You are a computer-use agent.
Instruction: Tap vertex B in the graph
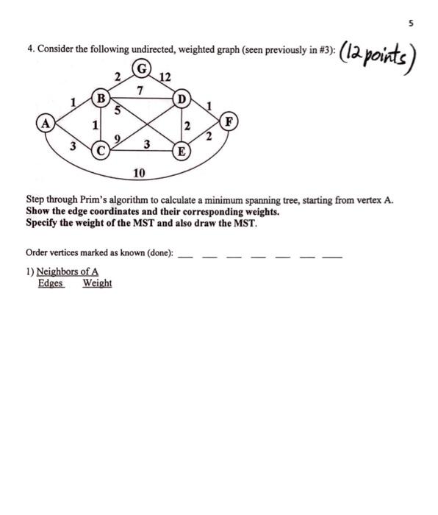[101, 97]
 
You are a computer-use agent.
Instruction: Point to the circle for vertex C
[101, 151]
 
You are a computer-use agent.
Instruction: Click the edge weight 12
[163, 77]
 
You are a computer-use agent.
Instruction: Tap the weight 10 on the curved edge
[139, 173]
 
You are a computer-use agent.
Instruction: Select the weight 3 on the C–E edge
[147, 144]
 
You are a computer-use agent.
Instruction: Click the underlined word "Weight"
[97, 284]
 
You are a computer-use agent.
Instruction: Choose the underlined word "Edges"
[51, 284]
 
